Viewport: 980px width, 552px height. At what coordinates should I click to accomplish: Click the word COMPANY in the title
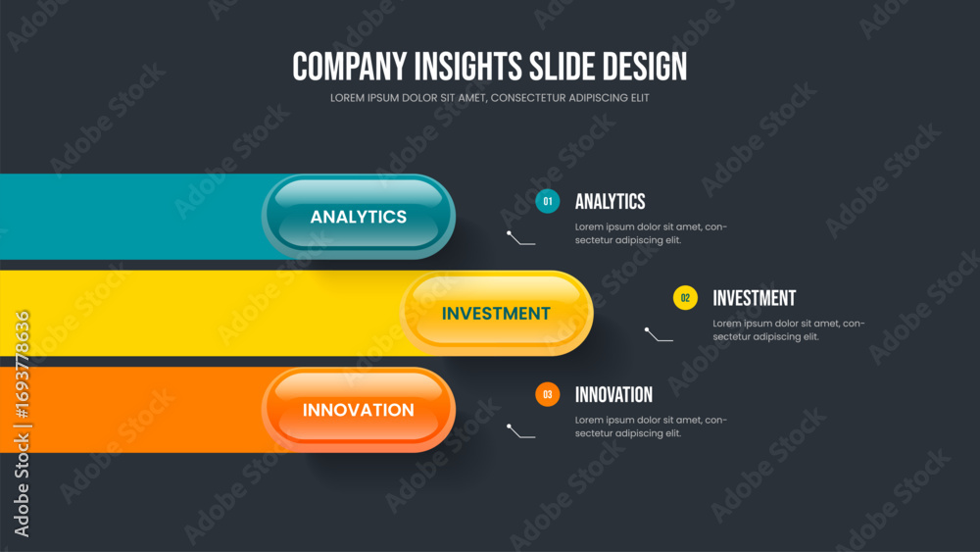coord(350,67)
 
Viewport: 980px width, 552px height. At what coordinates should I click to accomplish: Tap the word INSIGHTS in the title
coord(468,67)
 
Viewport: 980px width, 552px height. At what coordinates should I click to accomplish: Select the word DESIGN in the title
coord(645,67)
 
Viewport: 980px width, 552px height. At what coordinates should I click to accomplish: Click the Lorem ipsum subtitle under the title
coord(489,98)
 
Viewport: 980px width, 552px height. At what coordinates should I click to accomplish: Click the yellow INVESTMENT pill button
coord(496,313)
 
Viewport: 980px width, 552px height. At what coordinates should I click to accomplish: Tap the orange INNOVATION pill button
coord(358,410)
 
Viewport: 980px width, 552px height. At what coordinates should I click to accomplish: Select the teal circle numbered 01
coord(548,201)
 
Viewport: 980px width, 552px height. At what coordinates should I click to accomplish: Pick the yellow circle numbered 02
coord(685,298)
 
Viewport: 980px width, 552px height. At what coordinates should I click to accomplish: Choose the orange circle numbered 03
coord(548,394)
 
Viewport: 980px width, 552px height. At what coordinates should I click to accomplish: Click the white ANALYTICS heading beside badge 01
coord(610,201)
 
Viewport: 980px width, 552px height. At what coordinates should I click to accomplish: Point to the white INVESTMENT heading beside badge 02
coord(755,298)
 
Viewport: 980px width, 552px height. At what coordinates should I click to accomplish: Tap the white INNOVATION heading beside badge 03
coord(613,394)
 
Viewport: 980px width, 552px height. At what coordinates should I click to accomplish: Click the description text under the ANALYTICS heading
coord(652,233)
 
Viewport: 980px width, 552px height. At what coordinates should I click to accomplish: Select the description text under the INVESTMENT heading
coord(789,330)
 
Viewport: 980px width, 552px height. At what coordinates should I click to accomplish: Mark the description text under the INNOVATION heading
coord(652,427)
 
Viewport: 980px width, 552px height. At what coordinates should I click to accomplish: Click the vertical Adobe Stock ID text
coord(22,424)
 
